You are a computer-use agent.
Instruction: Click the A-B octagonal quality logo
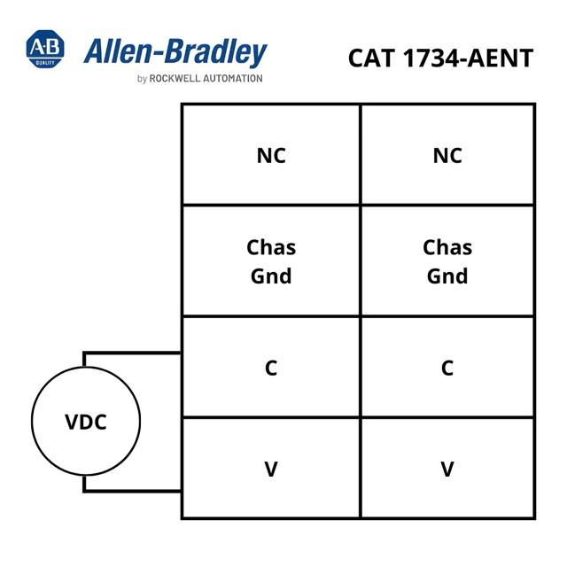tap(45, 49)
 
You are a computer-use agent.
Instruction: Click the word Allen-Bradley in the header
tap(175, 52)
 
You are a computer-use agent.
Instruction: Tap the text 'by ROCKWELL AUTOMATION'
tap(200, 79)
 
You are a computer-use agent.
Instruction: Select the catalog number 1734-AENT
tap(468, 58)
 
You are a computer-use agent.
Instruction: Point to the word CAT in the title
tap(371, 58)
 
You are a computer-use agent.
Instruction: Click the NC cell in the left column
tap(271, 155)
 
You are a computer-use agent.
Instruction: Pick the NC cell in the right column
tap(447, 155)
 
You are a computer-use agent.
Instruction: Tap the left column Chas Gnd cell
tap(271, 261)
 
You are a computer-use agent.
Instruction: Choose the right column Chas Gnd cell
tap(447, 261)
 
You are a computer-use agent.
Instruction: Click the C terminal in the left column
tap(271, 368)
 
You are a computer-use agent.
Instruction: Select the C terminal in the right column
tap(447, 368)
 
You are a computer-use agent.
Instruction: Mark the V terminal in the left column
tap(271, 469)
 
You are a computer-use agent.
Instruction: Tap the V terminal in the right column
tap(447, 469)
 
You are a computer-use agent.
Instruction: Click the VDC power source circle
tap(86, 421)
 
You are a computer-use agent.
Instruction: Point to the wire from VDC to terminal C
tap(132, 353)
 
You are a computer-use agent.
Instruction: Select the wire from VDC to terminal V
tap(132, 491)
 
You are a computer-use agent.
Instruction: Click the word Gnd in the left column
tap(271, 276)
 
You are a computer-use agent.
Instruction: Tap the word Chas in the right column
tap(447, 247)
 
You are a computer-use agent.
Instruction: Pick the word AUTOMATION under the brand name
tap(233, 79)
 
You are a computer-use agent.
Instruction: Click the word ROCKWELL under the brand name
tap(175, 79)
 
